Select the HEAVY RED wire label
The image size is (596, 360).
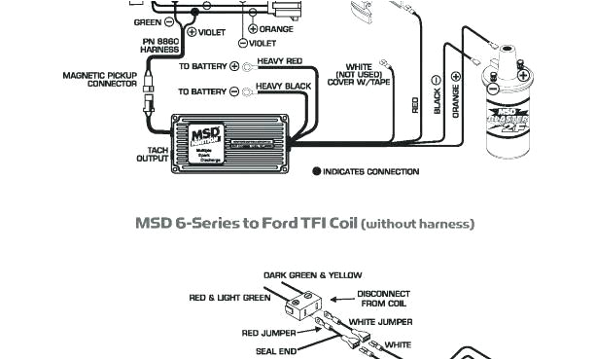coord(279,61)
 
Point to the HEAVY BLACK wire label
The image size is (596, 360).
coord(282,88)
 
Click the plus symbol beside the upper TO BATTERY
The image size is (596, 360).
coord(234,66)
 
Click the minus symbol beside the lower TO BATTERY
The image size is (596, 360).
coord(234,91)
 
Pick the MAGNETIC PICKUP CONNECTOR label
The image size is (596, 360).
coord(100,79)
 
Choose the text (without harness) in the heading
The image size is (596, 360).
coord(417,224)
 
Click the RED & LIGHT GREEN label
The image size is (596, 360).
coord(229,298)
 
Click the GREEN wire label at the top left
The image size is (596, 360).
coord(147,20)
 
